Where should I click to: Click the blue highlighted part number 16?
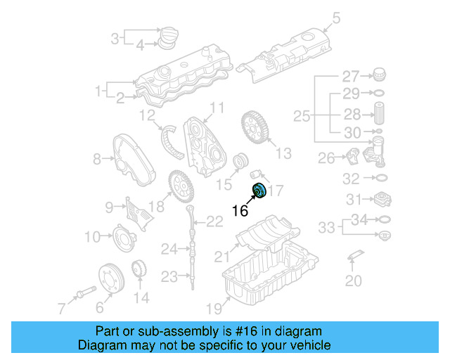259,190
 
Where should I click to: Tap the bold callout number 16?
240,210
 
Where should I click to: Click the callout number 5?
336,18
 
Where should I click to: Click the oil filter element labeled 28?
380,114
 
